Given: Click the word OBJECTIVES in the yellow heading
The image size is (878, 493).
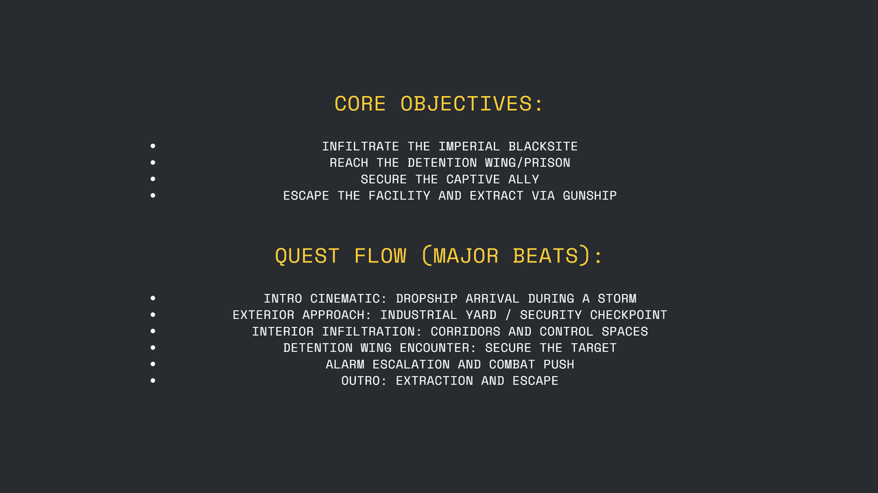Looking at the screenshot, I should pos(471,104).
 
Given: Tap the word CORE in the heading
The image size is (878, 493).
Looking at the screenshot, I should pos(359,104).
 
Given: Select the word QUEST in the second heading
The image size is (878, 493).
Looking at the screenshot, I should pos(307,256).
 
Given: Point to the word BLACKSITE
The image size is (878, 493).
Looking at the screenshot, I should pos(543,147).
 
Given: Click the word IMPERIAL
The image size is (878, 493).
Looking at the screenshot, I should pos(469,147).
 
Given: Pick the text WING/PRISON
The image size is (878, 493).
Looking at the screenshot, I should pos(527,163).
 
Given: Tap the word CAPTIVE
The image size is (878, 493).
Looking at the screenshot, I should pos(473,180).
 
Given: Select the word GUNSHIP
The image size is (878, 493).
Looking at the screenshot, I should pos(589,196).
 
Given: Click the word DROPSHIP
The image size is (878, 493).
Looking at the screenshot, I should pos(426,299).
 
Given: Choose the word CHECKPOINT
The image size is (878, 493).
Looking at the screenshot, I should pos(628,315).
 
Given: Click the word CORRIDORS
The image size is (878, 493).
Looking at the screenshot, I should pos(465,332).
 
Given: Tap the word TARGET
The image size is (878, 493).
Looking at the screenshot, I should pos(593,348).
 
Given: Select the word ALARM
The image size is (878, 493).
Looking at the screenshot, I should pos(345,365).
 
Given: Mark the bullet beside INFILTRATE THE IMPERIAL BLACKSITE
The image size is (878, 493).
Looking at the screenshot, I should pos(152,146).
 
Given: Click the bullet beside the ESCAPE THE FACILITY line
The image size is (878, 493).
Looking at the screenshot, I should pos(152,195).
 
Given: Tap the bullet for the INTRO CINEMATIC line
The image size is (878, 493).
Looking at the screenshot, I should pos(152,298).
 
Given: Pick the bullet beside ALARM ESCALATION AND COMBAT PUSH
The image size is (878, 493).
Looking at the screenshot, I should pos(152,364).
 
